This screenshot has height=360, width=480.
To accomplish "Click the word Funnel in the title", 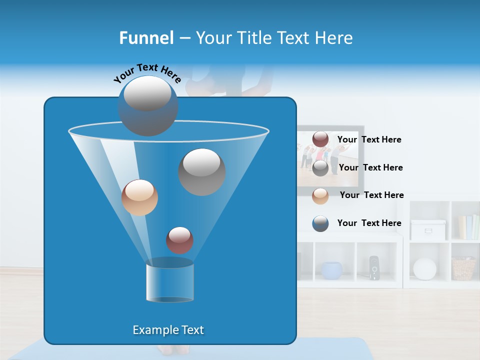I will point(146,37).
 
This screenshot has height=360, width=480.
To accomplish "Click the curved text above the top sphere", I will point(147,72).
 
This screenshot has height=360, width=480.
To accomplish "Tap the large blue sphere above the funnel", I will point(148,105).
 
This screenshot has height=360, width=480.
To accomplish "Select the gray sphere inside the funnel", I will point(202,171).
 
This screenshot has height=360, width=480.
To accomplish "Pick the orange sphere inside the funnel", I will point(139,197).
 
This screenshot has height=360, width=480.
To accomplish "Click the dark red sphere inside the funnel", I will point(179,240).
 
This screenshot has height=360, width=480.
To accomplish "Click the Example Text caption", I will point(168,330).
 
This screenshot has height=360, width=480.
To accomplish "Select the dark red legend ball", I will point(320,139).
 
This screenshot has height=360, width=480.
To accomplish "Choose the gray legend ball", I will point(320,167).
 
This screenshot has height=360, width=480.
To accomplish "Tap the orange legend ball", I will point(320,195).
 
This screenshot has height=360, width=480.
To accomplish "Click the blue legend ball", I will point(320,223).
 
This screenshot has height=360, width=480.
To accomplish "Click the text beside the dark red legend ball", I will point(369,139).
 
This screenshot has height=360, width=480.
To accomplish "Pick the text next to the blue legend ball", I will point(369,223).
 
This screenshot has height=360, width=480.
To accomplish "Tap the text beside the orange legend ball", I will point(371,195).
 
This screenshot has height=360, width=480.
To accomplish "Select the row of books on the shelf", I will point(468,227).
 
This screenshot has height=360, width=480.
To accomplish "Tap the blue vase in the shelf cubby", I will point(331,270).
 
